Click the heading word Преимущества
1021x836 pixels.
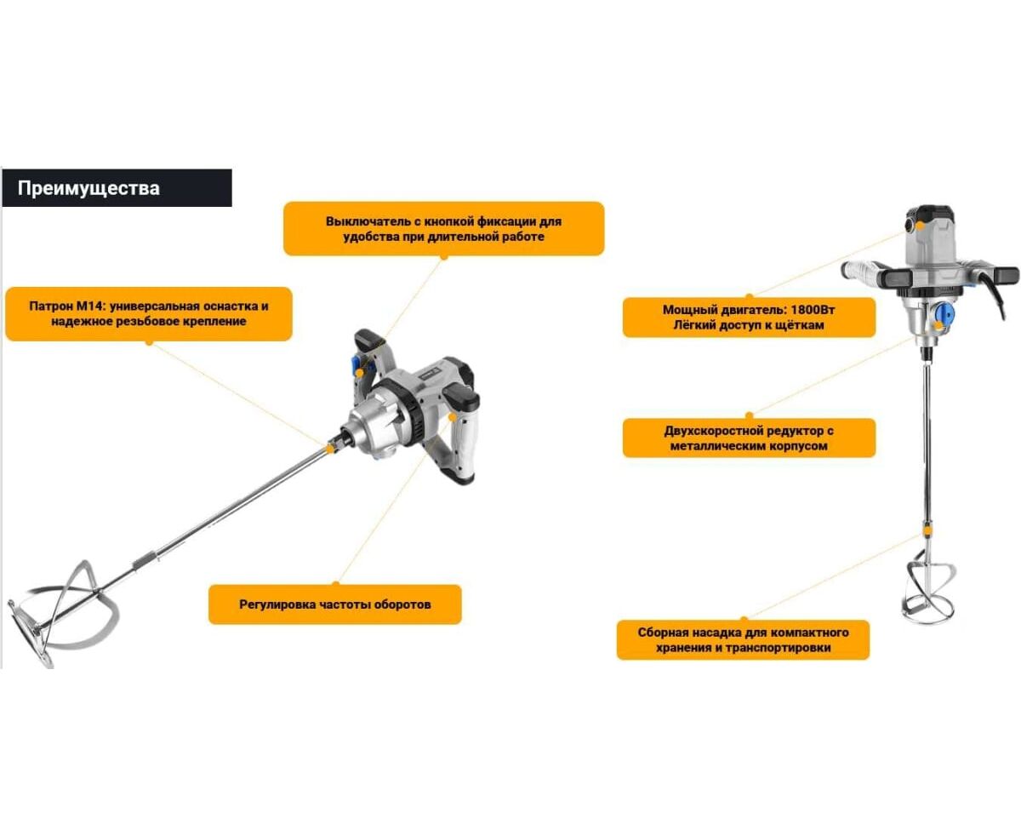88,188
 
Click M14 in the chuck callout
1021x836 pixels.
88,306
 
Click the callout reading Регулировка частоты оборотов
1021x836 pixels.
335,604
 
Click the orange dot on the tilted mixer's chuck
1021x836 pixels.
330,449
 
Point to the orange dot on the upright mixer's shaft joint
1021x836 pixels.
927,531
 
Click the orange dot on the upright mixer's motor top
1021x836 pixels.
921,224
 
